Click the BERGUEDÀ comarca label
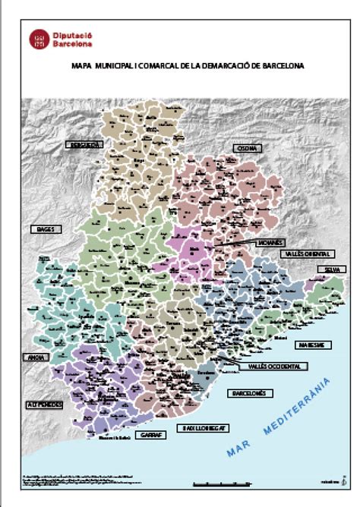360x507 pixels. pyautogui.click(x=84, y=143)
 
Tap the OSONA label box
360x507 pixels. pyautogui.click(x=245, y=149)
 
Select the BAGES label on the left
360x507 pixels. pyautogui.click(x=43, y=228)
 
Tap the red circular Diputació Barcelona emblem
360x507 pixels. pyautogui.click(x=39, y=39)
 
